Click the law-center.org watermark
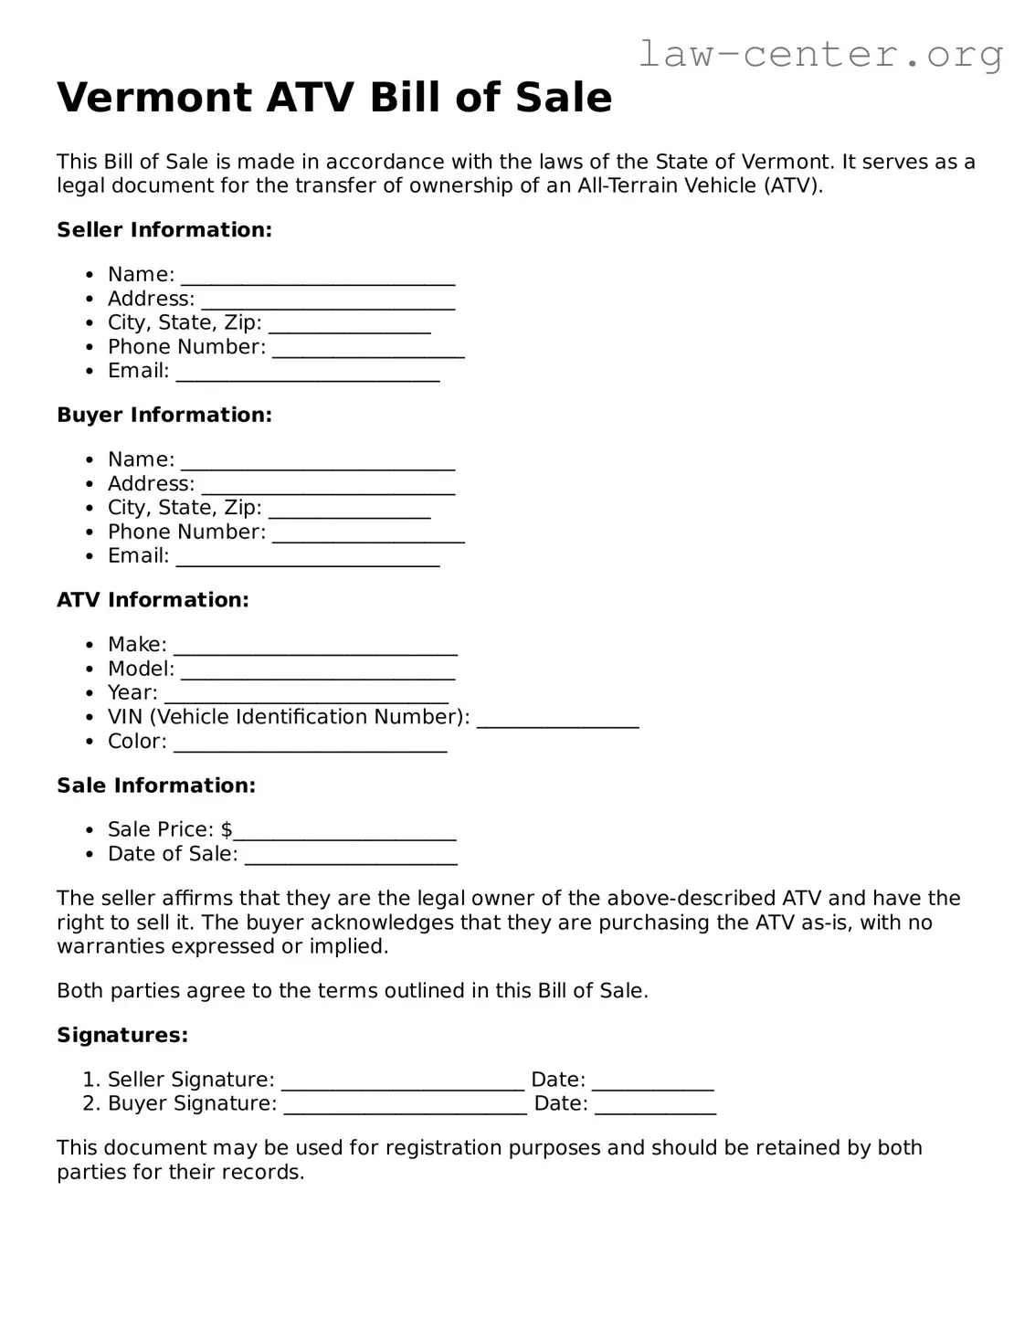pos(819,54)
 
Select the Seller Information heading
pos(164,230)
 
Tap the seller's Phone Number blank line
pos(368,350)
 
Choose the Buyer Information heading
pos(164,416)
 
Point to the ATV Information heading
pos(153,600)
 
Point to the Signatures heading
pos(122,1036)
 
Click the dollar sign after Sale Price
pos(227,829)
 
